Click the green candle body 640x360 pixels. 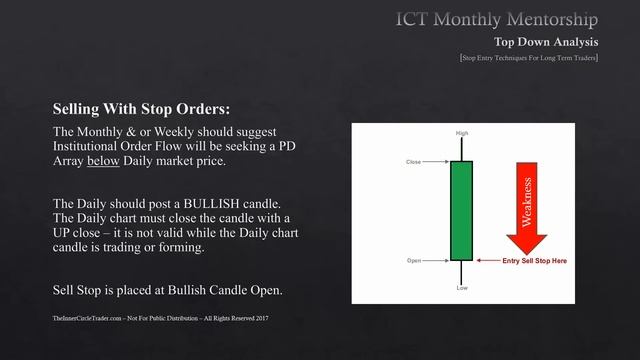point(461,211)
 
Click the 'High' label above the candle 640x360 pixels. point(461,132)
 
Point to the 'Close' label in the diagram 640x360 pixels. point(414,161)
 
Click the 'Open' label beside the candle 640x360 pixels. point(414,261)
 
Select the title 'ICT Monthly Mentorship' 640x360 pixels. point(498,19)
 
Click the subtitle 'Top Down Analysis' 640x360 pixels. point(546,42)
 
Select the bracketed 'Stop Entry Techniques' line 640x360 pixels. point(529,59)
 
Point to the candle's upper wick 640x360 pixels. point(461,149)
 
